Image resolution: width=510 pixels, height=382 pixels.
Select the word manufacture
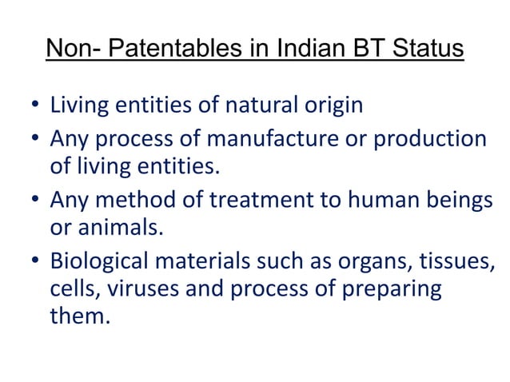[x=267, y=140]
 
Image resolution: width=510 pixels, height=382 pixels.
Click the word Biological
[x=103, y=261]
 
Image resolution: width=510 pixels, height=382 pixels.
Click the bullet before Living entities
[x=36, y=106]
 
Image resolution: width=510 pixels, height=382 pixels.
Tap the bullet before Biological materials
[x=36, y=261]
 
